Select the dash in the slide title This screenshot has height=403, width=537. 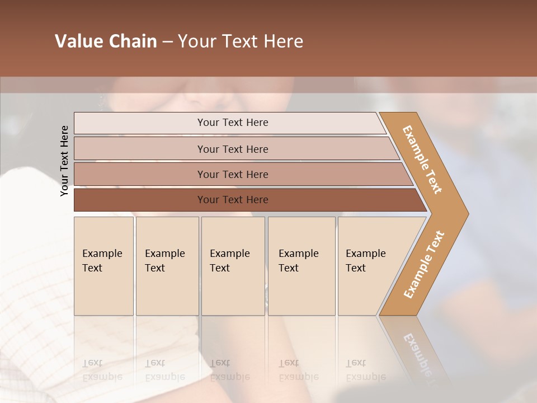point(167,42)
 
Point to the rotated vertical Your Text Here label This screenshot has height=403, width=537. point(64,161)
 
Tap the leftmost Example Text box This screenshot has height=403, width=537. point(103,266)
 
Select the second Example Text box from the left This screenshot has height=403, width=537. point(167,266)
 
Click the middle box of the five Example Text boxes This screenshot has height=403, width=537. point(233,266)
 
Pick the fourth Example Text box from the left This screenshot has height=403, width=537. point(301,266)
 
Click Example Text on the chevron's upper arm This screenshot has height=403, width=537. point(423,160)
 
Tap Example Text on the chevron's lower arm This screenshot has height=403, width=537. point(424,264)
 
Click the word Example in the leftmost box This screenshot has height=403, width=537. point(102,254)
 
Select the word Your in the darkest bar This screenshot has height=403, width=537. point(208,200)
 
